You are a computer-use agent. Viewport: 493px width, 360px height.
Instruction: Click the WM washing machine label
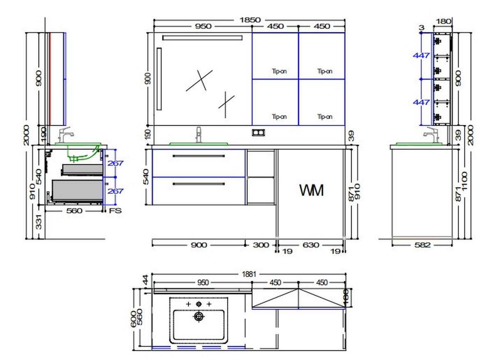pyautogui.click(x=311, y=190)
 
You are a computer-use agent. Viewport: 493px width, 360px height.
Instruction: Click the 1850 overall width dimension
pyautogui.click(x=250, y=20)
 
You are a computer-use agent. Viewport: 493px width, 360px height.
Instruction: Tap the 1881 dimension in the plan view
pyautogui.click(x=249, y=274)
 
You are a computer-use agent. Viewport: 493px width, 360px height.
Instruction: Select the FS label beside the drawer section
pyautogui.click(x=115, y=211)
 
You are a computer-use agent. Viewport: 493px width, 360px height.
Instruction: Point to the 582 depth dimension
pyautogui.click(x=422, y=245)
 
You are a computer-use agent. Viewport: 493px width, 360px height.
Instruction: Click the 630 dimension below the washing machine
pyautogui.click(x=311, y=245)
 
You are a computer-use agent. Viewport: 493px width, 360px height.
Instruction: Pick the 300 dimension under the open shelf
pyautogui.click(x=261, y=245)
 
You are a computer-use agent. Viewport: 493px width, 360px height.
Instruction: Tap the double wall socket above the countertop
pyautogui.click(x=258, y=133)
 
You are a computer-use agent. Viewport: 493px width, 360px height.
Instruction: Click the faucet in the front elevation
pyautogui.click(x=198, y=135)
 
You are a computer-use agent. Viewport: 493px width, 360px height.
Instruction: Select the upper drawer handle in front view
pyautogui.click(x=199, y=156)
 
